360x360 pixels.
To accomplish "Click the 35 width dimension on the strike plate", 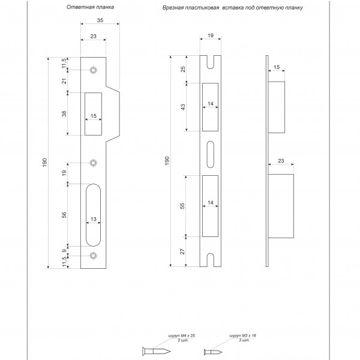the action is [100, 20].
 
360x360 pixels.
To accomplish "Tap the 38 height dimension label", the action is [64, 113].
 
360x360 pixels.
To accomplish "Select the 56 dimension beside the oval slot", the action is [64, 215].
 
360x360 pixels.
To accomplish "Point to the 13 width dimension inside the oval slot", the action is [94, 219].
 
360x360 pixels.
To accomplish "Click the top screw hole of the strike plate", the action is [93, 70].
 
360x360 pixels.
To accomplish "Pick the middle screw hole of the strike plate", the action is [93, 163].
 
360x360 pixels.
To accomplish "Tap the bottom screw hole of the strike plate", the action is [93, 256].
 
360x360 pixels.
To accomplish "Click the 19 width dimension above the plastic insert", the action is [211, 35].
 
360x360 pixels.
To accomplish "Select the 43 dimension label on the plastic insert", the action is [183, 107].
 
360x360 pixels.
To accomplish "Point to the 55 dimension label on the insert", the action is [182, 206].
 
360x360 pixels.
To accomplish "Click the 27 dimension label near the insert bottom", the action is [182, 251].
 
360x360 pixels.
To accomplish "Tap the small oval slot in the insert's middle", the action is [211, 155].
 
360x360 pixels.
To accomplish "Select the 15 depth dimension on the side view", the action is [277, 67].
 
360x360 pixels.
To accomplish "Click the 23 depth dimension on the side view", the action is [281, 161].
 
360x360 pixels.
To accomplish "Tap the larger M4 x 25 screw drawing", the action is [157, 351].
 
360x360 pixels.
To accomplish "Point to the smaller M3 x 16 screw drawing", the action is [213, 352].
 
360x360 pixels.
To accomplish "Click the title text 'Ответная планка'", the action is [90, 7].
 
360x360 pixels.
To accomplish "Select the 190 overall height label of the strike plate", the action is [45, 163].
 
